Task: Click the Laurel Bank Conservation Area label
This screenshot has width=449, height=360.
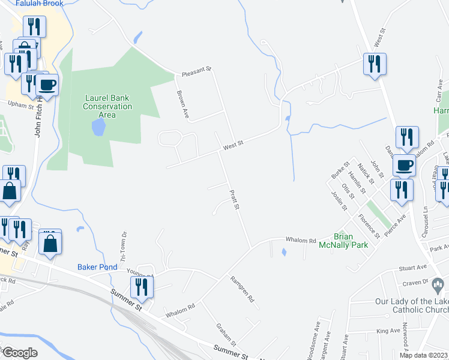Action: pyautogui.click(x=107, y=106)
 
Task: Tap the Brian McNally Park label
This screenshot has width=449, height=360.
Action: pyautogui.click(x=351, y=241)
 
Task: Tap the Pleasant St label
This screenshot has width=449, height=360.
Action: pyautogui.click(x=197, y=71)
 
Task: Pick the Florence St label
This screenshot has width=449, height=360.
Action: pyautogui.click(x=369, y=226)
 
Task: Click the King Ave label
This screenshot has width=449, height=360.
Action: pyautogui.click(x=388, y=331)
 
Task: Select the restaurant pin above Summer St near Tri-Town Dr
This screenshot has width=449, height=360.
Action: pyautogui.click(x=142, y=286)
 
